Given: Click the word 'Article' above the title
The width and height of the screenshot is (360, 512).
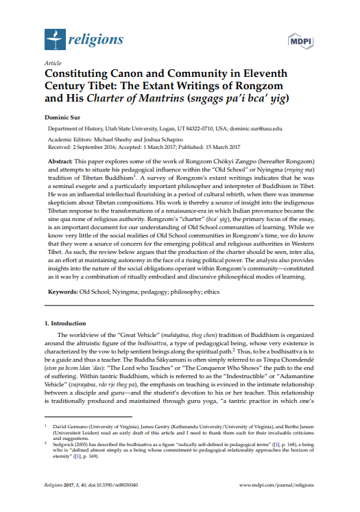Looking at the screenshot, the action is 51,62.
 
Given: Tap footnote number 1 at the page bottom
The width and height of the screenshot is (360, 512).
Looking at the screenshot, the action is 45,443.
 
